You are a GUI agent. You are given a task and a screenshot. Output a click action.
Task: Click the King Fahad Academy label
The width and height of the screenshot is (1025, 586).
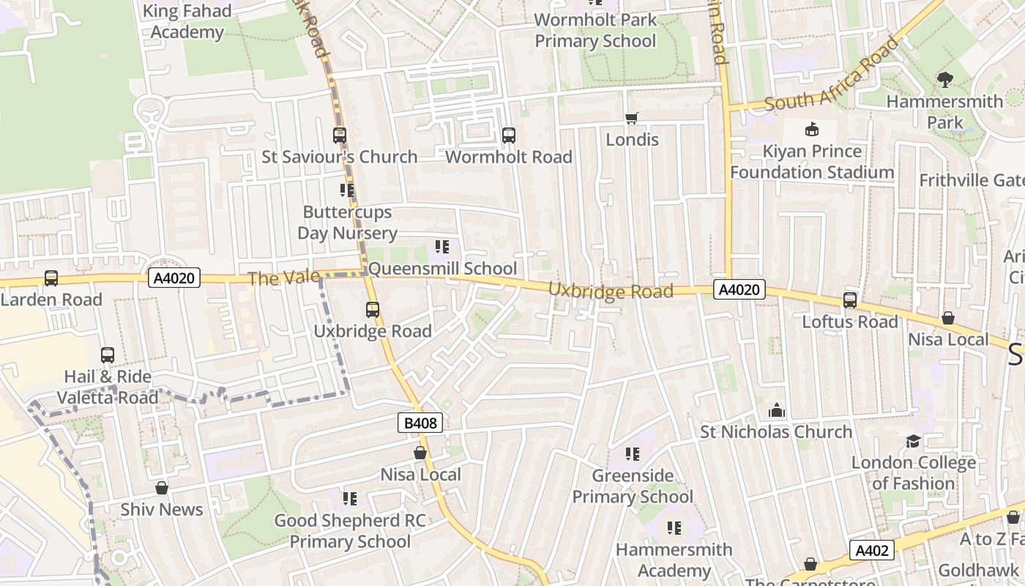click(187, 22)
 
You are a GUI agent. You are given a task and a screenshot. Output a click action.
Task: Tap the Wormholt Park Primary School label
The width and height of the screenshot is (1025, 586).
click(595, 31)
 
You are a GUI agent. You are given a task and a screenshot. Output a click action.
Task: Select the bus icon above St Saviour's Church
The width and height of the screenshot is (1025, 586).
click(340, 136)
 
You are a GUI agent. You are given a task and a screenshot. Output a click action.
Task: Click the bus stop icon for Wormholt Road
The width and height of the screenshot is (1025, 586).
click(509, 136)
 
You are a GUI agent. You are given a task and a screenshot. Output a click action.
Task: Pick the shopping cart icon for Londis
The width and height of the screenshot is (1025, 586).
click(632, 118)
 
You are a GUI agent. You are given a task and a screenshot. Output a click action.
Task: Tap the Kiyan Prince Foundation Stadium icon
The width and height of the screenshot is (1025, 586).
click(811, 130)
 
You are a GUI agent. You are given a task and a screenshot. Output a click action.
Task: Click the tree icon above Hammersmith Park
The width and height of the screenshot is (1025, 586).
click(945, 80)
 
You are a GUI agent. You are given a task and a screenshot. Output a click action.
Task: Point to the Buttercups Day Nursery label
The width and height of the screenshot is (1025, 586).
click(347, 223)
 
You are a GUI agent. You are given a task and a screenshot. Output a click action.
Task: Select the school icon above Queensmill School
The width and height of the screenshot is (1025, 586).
click(441, 247)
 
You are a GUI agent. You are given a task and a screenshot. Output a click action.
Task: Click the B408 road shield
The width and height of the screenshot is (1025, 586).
click(420, 423)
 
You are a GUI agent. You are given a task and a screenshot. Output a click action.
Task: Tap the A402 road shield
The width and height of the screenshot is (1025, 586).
click(873, 550)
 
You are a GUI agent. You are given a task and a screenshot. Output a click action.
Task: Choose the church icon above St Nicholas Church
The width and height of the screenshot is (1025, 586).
click(777, 411)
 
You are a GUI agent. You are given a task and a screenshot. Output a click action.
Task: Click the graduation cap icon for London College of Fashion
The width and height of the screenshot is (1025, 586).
click(913, 441)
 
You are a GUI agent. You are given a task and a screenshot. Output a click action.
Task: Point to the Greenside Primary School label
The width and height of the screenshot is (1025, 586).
click(633, 486)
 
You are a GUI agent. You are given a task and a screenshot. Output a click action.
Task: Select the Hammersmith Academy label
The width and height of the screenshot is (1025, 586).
click(674, 560)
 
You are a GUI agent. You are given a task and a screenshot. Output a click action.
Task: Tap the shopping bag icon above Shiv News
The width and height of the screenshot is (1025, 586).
click(162, 488)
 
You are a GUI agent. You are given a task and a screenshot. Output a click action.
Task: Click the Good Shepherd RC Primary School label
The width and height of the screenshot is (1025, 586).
click(350, 531)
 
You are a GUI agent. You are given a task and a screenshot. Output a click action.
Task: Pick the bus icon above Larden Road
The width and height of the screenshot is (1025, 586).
click(51, 278)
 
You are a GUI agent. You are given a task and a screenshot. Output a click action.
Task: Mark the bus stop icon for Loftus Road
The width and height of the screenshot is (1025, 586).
click(850, 300)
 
